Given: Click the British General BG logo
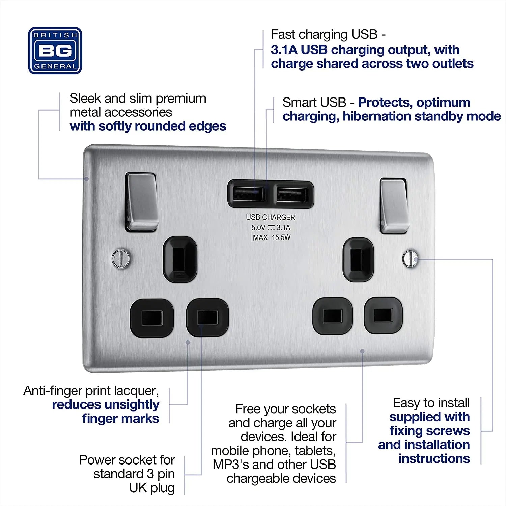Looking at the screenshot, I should (55, 51).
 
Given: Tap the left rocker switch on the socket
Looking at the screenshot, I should (142, 201).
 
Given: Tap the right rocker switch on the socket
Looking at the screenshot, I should (394, 206).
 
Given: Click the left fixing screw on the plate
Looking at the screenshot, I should (120, 258).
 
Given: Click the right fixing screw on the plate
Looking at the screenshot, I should (410, 258).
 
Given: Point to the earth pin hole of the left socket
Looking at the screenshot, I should (180, 259).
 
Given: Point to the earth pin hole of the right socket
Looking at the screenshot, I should (358, 259).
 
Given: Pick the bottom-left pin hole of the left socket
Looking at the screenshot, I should (152, 318).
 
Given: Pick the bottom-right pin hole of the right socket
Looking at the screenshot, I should (383, 315).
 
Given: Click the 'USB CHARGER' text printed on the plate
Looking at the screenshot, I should (271, 217).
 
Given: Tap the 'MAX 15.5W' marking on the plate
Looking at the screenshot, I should (272, 237).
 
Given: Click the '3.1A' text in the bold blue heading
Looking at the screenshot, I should (284, 50).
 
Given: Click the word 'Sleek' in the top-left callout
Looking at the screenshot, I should (85, 99).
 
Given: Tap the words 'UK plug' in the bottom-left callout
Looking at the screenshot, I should (152, 488).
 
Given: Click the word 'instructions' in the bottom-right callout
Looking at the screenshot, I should (434, 459).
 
